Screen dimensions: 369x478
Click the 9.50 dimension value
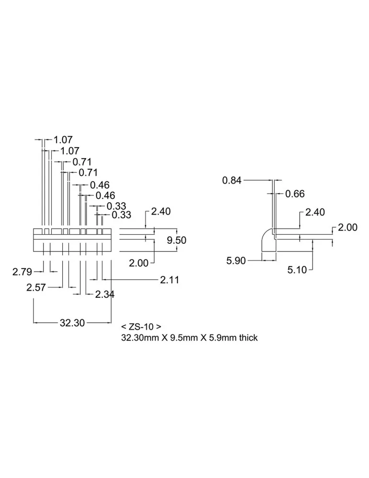coord(177,240)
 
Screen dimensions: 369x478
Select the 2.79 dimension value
coord(22,272)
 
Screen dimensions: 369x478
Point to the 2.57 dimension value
coord(36,287)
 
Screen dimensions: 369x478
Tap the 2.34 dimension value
coord(105,294)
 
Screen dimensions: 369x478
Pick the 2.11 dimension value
coord(169,280)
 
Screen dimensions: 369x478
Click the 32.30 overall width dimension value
coord(72,323)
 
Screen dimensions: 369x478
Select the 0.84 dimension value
coord(232,181)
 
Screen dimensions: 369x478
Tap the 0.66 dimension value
coord(295,194)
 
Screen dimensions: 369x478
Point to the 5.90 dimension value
coord(236,261)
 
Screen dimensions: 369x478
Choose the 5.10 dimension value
coord(297,270)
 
